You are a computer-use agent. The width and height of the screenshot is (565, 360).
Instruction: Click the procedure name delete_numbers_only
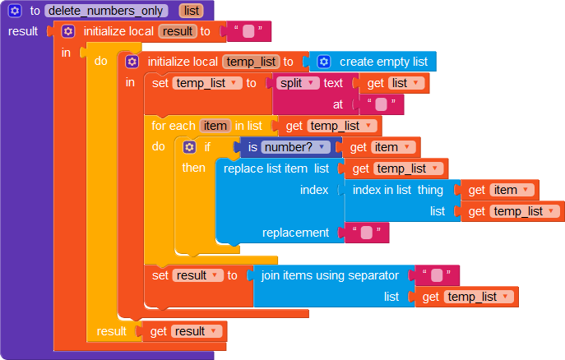(107, 11)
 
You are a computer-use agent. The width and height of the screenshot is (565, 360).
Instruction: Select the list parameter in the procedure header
(191, 11)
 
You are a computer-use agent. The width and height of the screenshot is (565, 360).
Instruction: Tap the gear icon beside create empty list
(324, 62)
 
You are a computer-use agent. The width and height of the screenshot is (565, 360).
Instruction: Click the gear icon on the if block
(190, 147)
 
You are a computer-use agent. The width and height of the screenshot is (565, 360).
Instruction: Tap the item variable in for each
(215, 126)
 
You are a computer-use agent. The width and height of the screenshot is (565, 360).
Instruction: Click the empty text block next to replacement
(366, 233)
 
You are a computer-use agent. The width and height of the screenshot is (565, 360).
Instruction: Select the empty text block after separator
(437, 275)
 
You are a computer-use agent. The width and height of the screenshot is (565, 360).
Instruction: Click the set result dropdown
(198, 275)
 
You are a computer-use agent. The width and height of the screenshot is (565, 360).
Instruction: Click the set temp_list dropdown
(206, 83)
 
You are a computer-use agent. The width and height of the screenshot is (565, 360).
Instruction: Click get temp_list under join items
(470, 297)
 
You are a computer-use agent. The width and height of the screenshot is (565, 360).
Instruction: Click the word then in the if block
(194, 168)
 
